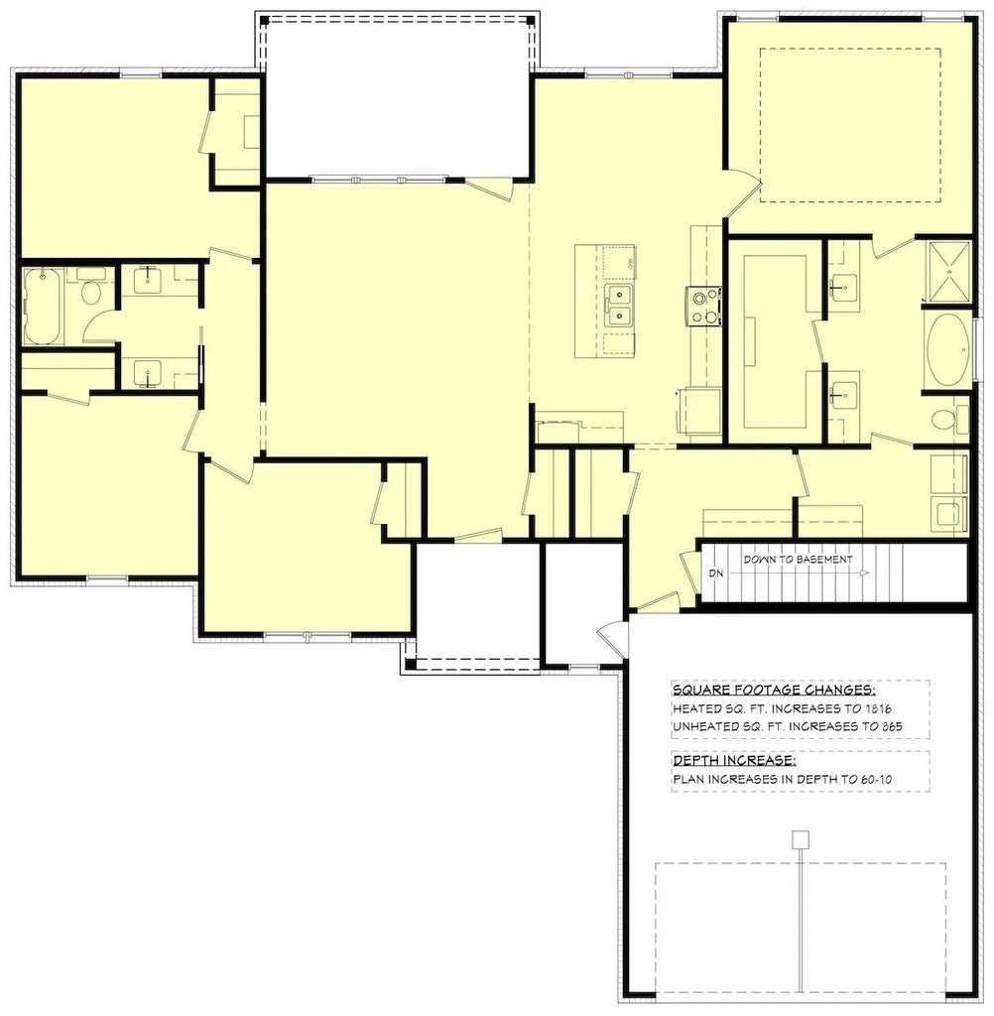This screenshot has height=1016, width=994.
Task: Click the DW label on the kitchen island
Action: tap(629, 262)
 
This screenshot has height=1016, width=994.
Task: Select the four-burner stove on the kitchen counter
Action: tap(701, 305)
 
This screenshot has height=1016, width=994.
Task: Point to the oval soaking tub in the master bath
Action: tap(948, 349)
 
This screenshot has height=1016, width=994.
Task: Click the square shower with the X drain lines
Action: tap(946, 271)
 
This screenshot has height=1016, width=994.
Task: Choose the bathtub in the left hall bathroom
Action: tap(43, 306)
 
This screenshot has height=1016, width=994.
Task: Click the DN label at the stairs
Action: tap(715, 573)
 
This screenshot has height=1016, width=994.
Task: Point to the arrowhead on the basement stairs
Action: tap(865, 573)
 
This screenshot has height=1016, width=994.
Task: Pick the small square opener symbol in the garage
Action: tap(798, 840)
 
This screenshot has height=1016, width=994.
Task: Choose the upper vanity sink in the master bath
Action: tap(845, 287)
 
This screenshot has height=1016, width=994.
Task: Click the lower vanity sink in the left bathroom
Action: tap(147, 373)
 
